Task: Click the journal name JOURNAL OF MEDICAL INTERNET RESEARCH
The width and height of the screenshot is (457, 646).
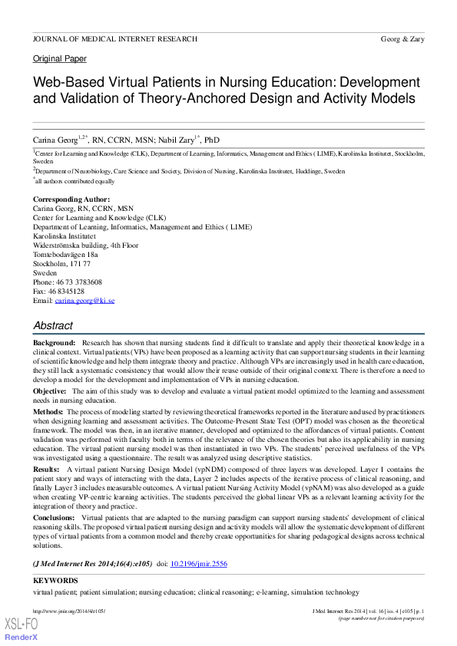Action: coord(115,38)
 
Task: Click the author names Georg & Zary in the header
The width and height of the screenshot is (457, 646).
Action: coord(402,38)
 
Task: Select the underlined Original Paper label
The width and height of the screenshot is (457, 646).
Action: coord(60,59)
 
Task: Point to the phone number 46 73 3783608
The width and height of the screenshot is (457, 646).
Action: coord(78,282)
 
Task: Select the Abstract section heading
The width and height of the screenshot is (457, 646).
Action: coord(53,325)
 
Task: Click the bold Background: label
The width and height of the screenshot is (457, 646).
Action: coord(55,342)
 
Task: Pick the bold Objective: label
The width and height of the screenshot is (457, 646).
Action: coord(50,391)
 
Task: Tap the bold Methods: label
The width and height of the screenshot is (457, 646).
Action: coord(48,412)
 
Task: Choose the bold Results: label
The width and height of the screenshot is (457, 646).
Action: coord(46,468)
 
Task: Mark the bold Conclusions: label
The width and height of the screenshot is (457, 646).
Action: coord(55,518)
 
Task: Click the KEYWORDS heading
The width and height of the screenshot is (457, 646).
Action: coord(55,581)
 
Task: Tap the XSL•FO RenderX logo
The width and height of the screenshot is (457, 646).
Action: coord(21,629)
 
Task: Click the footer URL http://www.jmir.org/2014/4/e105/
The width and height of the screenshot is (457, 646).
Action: coord(69,611)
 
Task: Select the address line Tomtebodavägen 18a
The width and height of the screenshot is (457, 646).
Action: coord(65,255)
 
